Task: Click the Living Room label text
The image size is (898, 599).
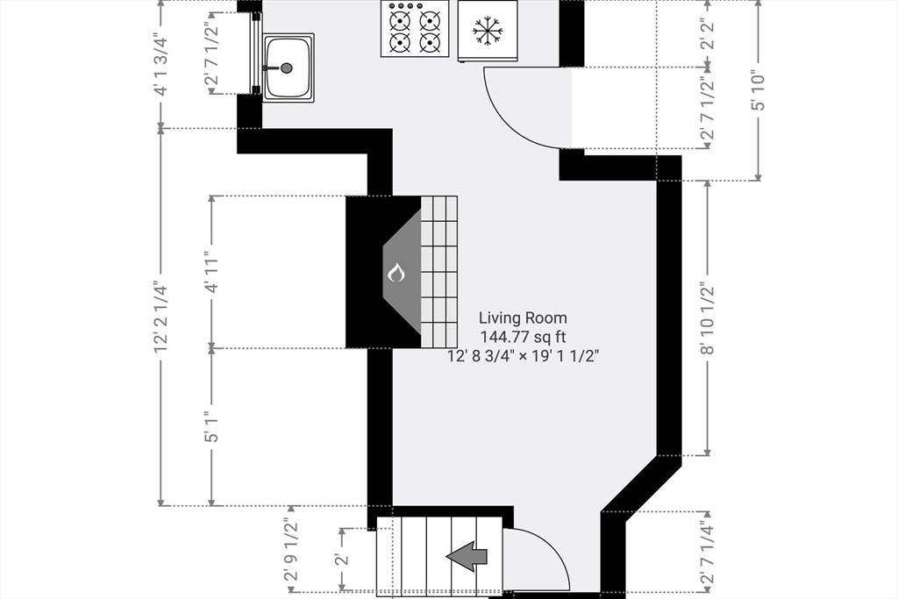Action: [523, 317]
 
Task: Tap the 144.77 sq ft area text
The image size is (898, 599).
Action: [523, 337]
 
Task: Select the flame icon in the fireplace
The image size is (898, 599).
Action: [396, 273]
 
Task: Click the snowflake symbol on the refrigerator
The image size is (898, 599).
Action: [488, 30]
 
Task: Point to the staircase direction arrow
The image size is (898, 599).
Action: [467, 556]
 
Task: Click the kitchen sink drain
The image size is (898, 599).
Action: [287, 68]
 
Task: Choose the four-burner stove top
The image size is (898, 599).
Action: [415, 29]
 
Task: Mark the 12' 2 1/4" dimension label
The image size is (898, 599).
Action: [161, 317]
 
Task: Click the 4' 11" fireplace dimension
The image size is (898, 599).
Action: [211, 272]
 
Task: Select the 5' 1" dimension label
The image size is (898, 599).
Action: [211, 427]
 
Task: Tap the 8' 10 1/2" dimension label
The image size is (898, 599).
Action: [708, 318]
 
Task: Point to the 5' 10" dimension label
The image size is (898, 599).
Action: [759, 90]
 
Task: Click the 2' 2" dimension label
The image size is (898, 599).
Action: [708, 34]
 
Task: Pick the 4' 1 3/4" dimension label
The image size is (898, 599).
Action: [161, 66]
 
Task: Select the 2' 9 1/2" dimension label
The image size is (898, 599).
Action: [292, 550]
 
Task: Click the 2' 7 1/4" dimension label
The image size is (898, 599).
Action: [708, 552]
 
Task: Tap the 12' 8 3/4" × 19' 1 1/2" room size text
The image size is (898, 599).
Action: [523, 356]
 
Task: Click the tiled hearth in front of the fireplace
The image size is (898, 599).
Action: [439, 272]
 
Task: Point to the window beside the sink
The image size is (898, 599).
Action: [255, 53]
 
